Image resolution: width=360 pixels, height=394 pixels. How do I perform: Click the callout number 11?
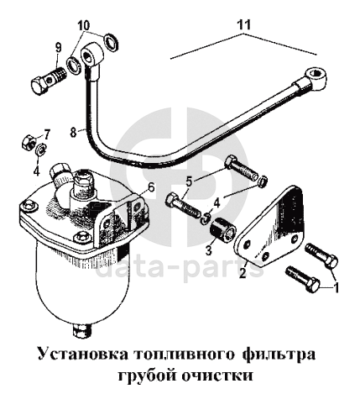click(x=244, y=25)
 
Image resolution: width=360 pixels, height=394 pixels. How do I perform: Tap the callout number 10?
click(x=84, y=25)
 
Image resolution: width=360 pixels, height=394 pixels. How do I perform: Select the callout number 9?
click(x=58, y=48)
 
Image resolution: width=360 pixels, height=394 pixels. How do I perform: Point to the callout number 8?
click(x=73, y=132)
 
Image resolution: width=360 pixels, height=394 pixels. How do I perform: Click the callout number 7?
click(x=46, y=135)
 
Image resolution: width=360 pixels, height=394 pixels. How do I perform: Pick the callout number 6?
click(x=151, y=187)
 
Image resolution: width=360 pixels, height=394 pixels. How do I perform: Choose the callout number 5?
click(x=190, y=182)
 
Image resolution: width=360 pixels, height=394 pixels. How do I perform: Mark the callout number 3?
click(x=208, y=250)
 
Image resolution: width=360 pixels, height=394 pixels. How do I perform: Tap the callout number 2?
click(x=243, y=273)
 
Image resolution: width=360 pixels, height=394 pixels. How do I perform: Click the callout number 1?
click(x=336, y=287)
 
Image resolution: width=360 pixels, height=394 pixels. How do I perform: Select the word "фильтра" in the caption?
click(x=279, y=355)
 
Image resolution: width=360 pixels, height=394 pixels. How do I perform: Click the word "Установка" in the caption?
click(x=82, y=355)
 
